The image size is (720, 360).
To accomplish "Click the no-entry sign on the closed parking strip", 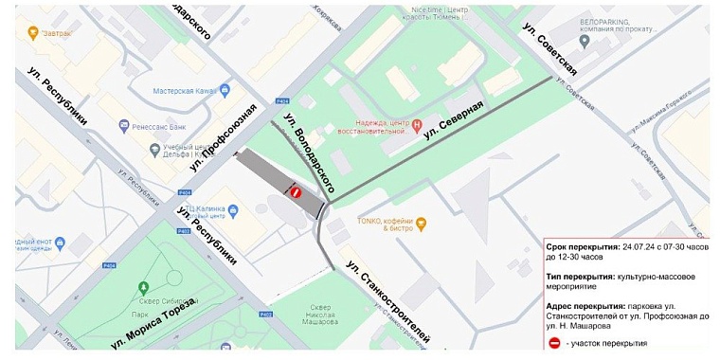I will [x=296, y=192].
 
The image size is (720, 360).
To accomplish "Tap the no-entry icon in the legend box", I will [x=553, y=342].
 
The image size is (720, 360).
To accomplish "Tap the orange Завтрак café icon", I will [x=34, y=32].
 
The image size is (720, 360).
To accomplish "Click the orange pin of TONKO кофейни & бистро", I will [x=423, y=224].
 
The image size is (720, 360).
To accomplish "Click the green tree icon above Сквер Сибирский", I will [x=143, y=287].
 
